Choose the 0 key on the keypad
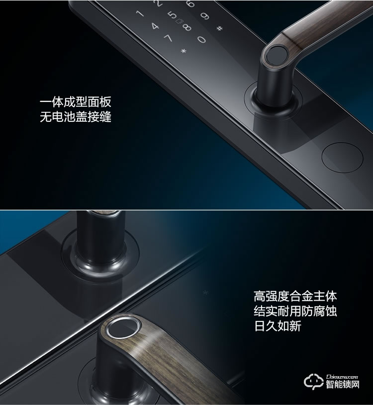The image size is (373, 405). coord(201,38)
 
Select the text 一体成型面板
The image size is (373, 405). coord(75,102)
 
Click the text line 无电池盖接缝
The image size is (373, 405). coord(75,118)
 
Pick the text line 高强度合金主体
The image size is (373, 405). coord(295,297)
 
